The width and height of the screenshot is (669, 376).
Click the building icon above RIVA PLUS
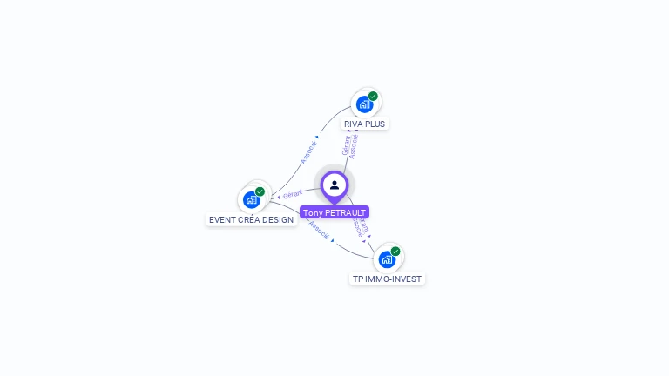[x=364, y=104]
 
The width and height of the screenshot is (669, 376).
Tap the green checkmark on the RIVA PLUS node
[x=373, y=96]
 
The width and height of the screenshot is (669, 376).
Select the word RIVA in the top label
[x=353, y=124]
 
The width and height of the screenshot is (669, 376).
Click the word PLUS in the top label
[x=375, y=124]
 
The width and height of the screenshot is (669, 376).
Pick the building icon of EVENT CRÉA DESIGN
[x=251, y=200]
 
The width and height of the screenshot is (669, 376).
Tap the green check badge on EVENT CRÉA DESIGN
[x=260, y=191]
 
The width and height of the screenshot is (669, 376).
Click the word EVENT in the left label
[x=222, y=220]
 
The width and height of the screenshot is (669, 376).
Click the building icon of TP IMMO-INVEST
[x=387, y=259]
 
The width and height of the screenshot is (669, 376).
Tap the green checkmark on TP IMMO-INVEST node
[x=395, y=251]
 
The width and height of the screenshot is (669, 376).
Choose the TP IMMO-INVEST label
[x=387, y=279]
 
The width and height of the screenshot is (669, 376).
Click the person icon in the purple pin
[x=334, y=185]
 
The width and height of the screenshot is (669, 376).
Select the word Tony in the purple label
[x=312, y=212]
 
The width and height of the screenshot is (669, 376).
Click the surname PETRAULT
[x=345, y=212]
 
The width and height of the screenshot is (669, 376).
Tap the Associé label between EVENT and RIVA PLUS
[x=308, y=151]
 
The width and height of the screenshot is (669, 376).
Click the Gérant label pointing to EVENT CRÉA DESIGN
[x=293, y=193]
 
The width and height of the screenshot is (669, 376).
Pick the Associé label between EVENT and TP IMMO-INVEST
[x=319, y=232]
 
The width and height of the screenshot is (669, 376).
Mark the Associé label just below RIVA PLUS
[x=354, y=145]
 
